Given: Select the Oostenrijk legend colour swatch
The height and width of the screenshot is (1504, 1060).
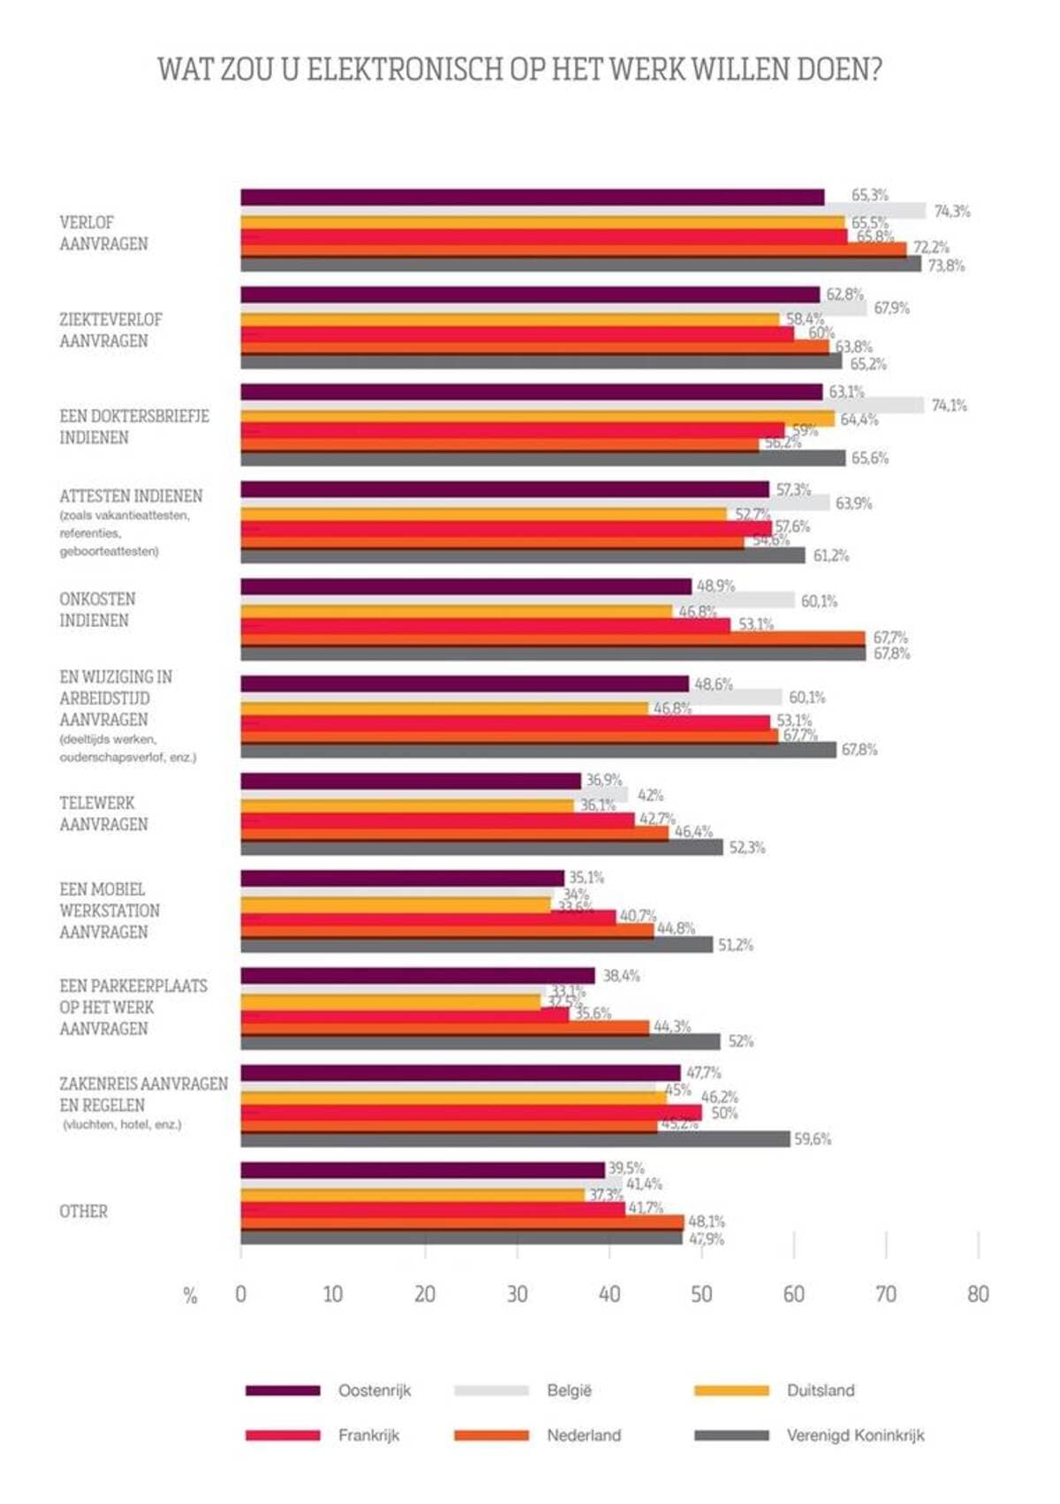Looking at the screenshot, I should pos(283,1390).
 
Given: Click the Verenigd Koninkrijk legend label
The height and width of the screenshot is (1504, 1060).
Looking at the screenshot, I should pos(855,1435).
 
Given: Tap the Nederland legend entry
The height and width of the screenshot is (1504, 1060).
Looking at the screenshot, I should pos(583,1435).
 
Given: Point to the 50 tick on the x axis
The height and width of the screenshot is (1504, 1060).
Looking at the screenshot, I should pos(701,1294).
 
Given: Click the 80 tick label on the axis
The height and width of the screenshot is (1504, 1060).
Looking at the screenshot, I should pos(978,1294).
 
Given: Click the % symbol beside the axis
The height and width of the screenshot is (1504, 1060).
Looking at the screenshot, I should pos(190,1296).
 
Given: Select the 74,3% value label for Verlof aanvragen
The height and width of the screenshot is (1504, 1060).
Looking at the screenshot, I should pos(951,211).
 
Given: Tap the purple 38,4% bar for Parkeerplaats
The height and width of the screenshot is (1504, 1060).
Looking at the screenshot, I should pos(417,976).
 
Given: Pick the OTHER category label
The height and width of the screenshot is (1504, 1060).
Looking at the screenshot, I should pos(84,1212).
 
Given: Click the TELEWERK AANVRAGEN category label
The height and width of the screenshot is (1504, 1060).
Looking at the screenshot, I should pos(102,813).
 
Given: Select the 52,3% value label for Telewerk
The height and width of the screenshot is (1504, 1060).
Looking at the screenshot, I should pos(746,848).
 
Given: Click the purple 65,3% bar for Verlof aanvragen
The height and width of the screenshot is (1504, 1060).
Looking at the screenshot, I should pos(532,197).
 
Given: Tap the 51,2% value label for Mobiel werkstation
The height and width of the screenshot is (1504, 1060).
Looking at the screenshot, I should pos(735,945).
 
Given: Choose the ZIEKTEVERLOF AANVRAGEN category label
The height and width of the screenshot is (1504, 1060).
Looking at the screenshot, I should pos(110,329).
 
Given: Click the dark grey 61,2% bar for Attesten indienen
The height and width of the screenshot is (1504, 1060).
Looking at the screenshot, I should pos(522,555).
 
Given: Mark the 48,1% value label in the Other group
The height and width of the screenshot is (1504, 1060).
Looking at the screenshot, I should pos(706,1221).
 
